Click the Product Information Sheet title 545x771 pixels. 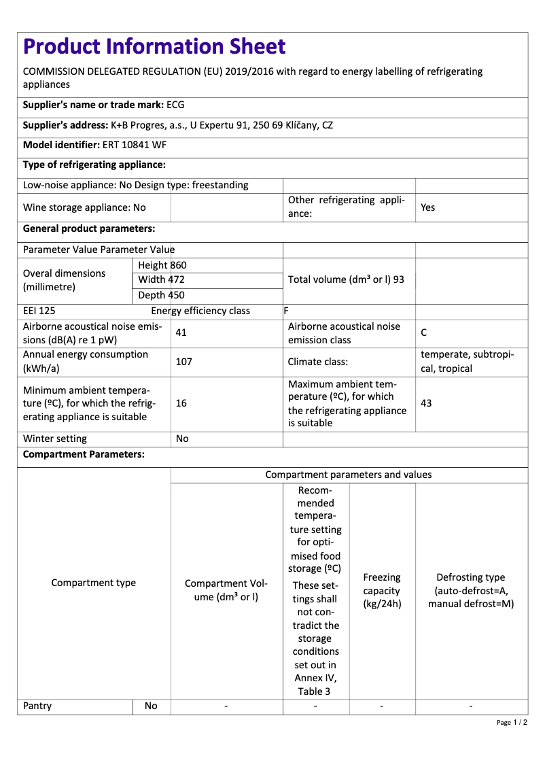click(x=154, y=46)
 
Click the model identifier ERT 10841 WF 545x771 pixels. click(x=135, y=145)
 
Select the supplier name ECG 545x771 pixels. click(x=175, y=105)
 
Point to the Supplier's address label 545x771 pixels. click(x=65, y=125)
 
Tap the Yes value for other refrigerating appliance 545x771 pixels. click(x=427, y=207)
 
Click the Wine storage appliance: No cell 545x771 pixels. click(x=84, y=207)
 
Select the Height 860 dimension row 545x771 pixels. click(x=162, y=265)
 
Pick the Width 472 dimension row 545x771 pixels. click(x=161, y=279)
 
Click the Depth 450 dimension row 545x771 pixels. click(x=161, y=295)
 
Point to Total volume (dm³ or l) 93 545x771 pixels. click(x=346, y=279)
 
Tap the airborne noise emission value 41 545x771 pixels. click(x=181, y=333)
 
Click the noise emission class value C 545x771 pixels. click(x=424, y=333)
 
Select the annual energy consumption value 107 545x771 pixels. click(x=183, y=362)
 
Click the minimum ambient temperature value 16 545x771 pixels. click(x=181, y=403)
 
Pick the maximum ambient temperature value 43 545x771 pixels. click(x=426, y=403)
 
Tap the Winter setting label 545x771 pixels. click(x=55, y=439)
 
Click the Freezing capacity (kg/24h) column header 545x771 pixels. click(x=382, y=590)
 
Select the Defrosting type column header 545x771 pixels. click(x=471, y=590)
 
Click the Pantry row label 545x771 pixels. click(x=37, y=706)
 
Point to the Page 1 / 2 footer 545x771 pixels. click(x=512, y=722)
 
